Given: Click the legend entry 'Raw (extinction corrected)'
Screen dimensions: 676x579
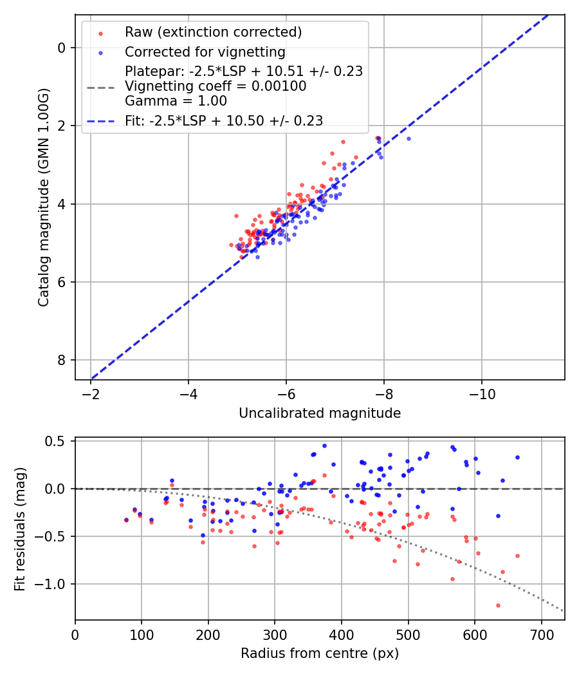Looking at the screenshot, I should click(x=213, y=32).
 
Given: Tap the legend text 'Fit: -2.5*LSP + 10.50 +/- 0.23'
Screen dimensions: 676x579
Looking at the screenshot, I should click(x=224, y=120).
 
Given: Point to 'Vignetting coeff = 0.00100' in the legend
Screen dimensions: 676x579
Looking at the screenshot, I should click(x=216, y=86).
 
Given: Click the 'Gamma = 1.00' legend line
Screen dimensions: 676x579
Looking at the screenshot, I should click(x=176, y=101).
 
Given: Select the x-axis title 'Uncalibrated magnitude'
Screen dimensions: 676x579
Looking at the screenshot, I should click(x=320, y=413).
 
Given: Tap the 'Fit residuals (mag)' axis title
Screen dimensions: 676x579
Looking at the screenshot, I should click(x=20, y=529).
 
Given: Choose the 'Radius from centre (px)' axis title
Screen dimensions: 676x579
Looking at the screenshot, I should click(x=320, y=653).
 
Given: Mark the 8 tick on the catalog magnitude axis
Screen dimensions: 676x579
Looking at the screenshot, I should click(x=61, y=360).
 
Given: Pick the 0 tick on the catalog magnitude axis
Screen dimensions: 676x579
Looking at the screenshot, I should click(x=61, y=48).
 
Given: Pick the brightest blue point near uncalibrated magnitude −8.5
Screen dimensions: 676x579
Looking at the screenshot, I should click(x=409, y=138).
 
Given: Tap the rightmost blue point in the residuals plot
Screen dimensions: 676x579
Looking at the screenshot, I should click(x=517, y=457).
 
